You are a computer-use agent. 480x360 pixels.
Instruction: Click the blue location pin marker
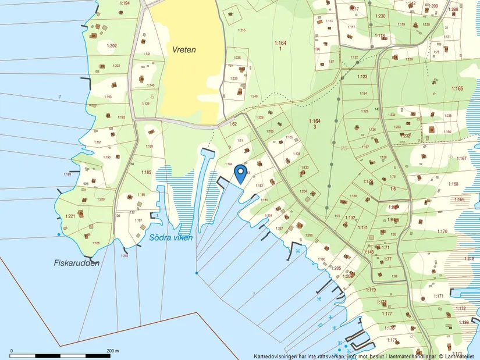pyautogui.click(x=240, y=173)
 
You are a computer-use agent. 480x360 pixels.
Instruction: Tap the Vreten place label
pyautogui.click(x=184, y=50)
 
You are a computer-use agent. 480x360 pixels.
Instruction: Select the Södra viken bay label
pyautogui.click(x=170, y=237)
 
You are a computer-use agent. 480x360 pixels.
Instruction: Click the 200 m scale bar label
pyautogui.click(x=113, y=351)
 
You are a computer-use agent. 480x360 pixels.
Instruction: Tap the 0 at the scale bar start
pyautogui.click(x=12, y=351)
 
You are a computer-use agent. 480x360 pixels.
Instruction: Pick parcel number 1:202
pyautogui.click(x=112, y=45)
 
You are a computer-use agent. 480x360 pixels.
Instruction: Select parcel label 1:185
pyautogui.click(x=145, y=172)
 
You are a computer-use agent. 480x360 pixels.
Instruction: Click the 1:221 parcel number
pyautogui.click(x=70, y=216)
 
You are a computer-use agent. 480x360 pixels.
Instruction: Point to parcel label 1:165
pyautogui.click(x=457, y=88)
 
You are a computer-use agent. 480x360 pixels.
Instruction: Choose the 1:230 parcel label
pyautogui.click(x=381, y=16)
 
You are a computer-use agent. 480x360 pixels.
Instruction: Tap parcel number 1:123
pyautogui.click(x=362, y=77)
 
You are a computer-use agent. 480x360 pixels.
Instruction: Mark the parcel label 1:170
pyautogui.click(x=442, y=231)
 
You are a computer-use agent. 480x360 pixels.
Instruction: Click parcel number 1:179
pyautogui.click(x=371, y=290)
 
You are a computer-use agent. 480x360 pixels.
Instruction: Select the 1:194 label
pyautogui.click(x=124, y=3)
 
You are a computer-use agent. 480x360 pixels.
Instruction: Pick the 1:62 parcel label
pyautogui.click(x=233, y=124)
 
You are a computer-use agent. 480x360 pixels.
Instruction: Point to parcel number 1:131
pyautogui.click(x=363, y=227)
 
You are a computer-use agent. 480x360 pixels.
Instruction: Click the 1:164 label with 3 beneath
pyautogui.click(x=315, y=123)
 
